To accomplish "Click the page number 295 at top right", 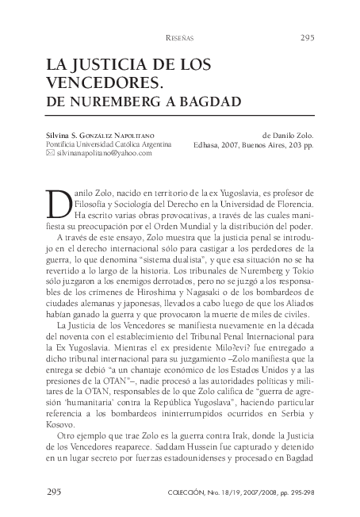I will pyautogui.click(x=308, y=37).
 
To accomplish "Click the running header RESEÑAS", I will pyautogui.click(x=179, y=38).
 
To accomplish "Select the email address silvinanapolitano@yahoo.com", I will pyautogui.click(x=104, y=153).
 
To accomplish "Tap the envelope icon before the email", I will pyautogui.click(x=50, y=153).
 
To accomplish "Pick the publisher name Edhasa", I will pyautogui.click(x=208, y=145).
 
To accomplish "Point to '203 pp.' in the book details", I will pyautogui.click(x=300, y=145).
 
